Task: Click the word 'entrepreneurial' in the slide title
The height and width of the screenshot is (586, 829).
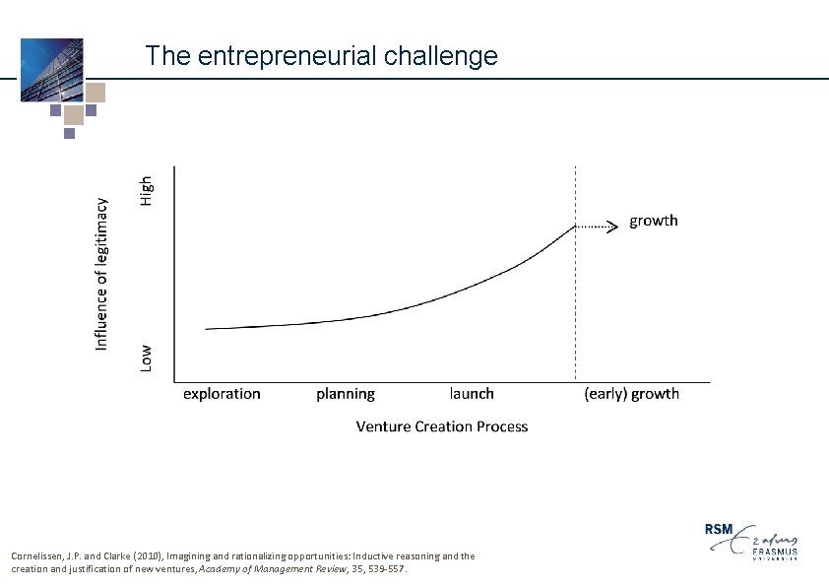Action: coord(287,56)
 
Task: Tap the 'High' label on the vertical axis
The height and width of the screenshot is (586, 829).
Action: coord(146,190)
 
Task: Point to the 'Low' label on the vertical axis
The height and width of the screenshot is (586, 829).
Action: coord(146,357)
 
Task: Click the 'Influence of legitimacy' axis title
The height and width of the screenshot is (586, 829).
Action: coord(101,270)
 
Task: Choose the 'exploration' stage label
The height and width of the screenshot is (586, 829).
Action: coord(222,394)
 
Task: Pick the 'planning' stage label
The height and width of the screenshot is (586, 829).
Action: coord(346,394)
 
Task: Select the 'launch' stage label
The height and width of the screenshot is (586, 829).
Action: coord(472,394)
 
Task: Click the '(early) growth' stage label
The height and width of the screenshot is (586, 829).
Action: coord(631,394)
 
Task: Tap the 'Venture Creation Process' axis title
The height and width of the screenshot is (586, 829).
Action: coord(441,426)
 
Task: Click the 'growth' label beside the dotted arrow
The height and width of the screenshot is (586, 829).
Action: coord(654,221)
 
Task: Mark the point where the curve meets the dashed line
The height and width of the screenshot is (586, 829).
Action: coord(576,227)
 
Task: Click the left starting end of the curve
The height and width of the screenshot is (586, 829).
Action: coord(207,329)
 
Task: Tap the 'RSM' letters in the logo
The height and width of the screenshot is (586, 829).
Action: coord(720,529)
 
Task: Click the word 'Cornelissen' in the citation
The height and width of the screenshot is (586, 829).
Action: coord(36,556)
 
